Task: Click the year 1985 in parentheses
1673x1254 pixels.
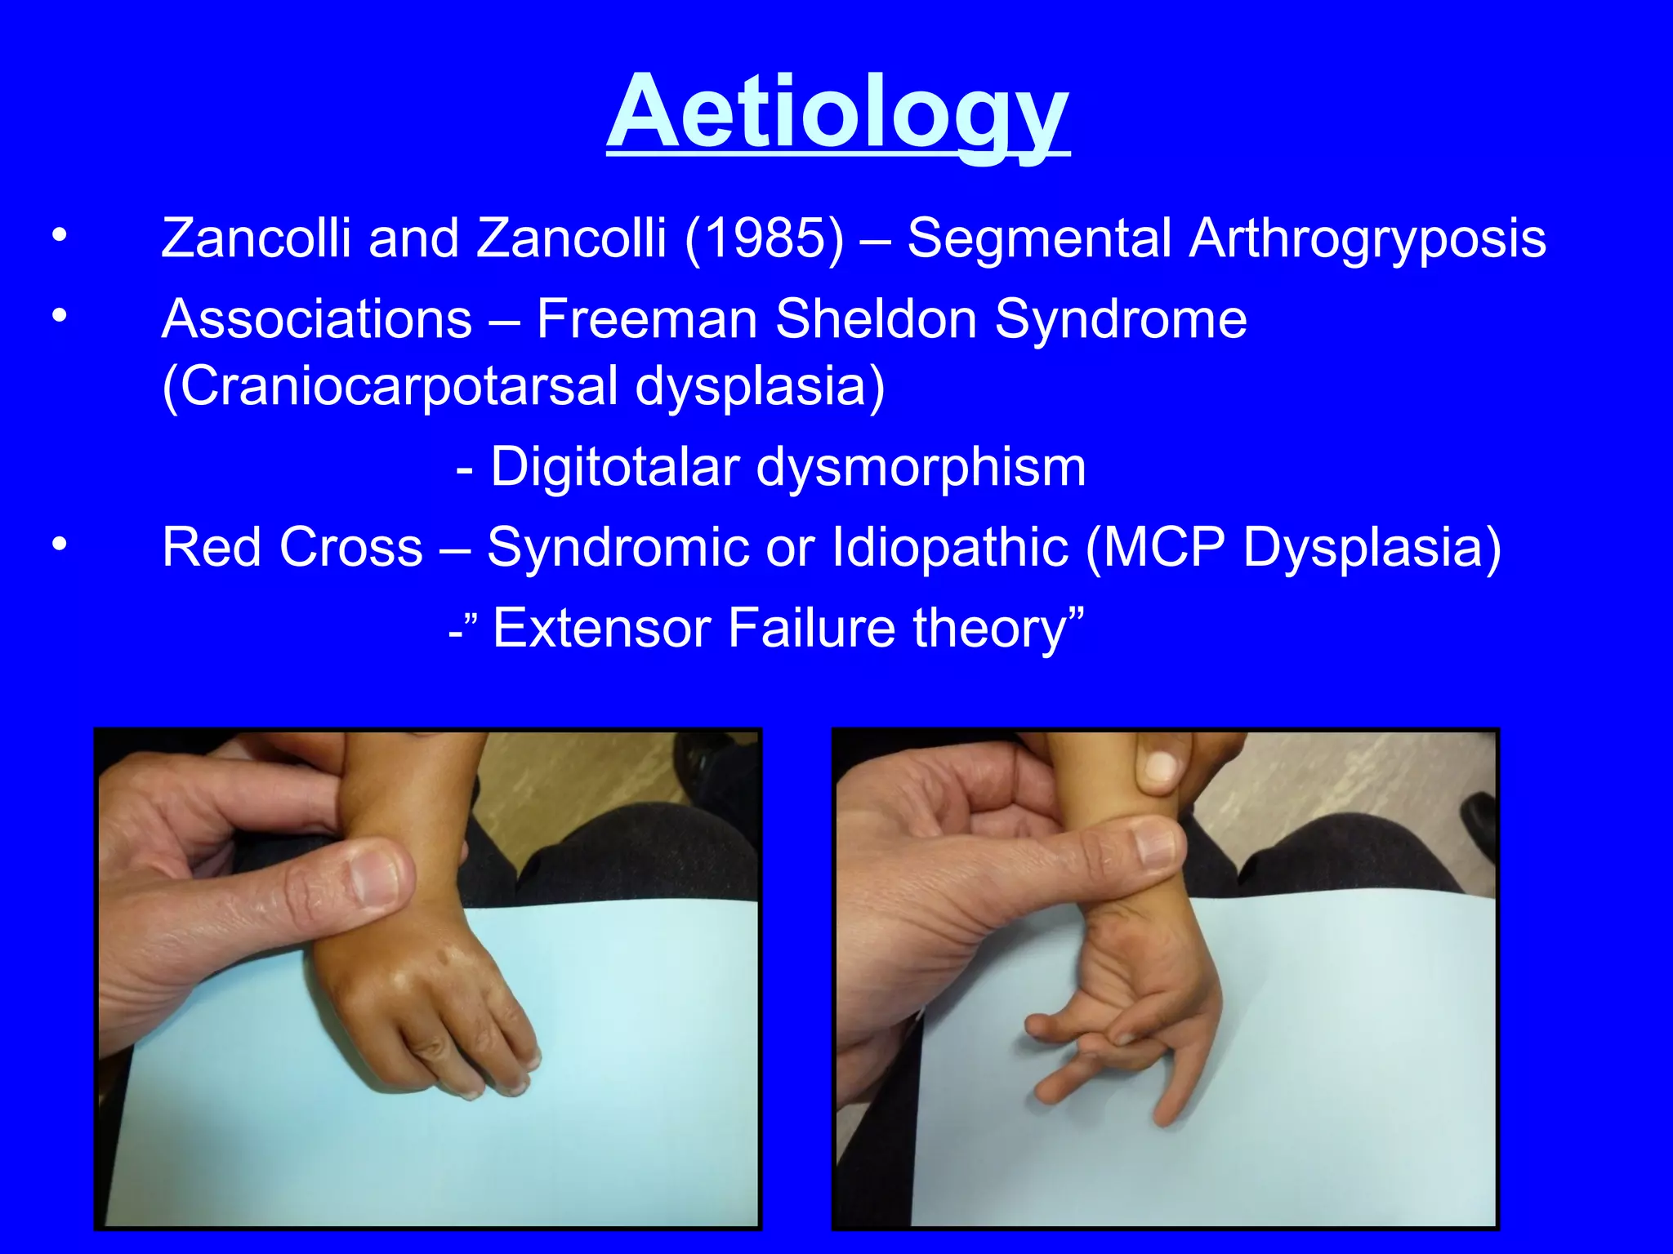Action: point(765,238)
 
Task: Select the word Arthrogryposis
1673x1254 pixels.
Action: point(1367,238)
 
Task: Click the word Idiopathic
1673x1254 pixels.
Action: point(950,546)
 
